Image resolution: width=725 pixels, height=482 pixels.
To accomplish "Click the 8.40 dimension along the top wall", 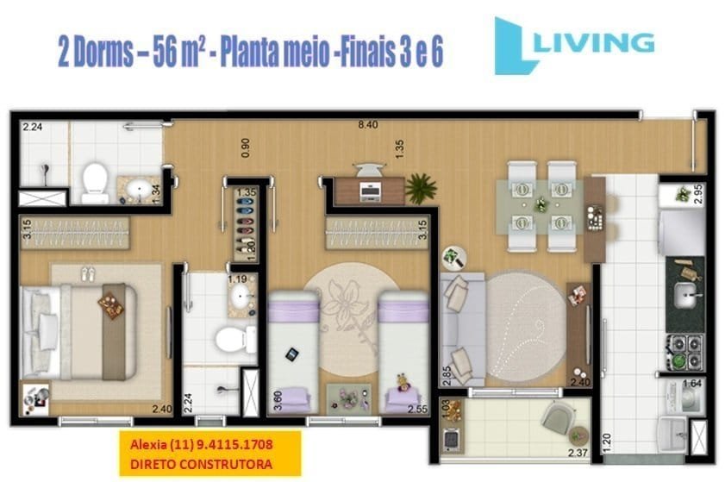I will (x=369, y=126).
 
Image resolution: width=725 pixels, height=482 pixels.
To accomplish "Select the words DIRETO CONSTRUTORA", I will (x=200, y=464).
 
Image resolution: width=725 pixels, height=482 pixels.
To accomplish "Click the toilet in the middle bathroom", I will (x=228, y=338).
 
